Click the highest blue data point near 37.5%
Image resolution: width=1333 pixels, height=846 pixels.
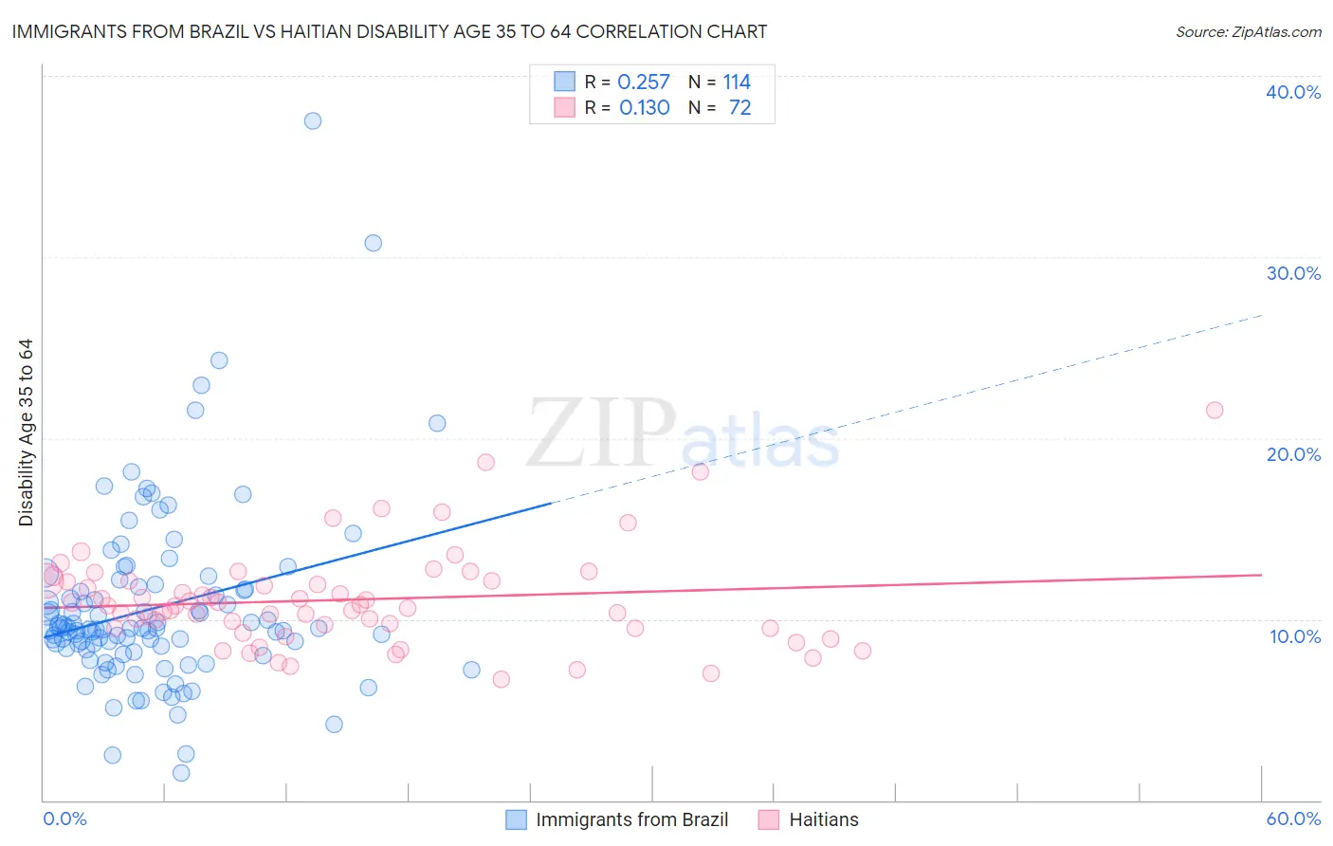(x=313, y=121)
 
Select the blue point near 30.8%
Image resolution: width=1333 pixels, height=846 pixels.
(x=374, y=244)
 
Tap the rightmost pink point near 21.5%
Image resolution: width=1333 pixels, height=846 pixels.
(x=1214, y=411)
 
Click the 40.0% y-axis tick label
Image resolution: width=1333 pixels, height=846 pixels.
(x=1293, y=93)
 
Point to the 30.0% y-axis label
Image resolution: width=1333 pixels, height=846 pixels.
(x=1293, y=274)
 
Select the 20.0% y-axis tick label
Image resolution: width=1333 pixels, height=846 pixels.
(x=1293, y=455)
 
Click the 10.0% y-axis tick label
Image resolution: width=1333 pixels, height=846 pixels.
(x=1295, y=637)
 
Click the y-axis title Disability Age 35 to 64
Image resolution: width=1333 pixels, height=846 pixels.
(x=27, y=432)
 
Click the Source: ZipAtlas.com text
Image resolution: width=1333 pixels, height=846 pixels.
(x=1248, y=32)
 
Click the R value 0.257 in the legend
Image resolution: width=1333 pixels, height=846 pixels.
(x=644, y=83)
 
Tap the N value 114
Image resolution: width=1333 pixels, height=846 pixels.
(x=737, y=83)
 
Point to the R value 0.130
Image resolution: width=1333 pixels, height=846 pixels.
(x=645, y=108)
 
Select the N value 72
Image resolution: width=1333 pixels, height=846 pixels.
(x=740, y=108)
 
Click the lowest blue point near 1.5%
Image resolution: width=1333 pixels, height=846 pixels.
(x=181, y=773)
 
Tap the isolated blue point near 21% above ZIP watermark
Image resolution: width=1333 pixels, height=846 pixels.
(x=437, y=424)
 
